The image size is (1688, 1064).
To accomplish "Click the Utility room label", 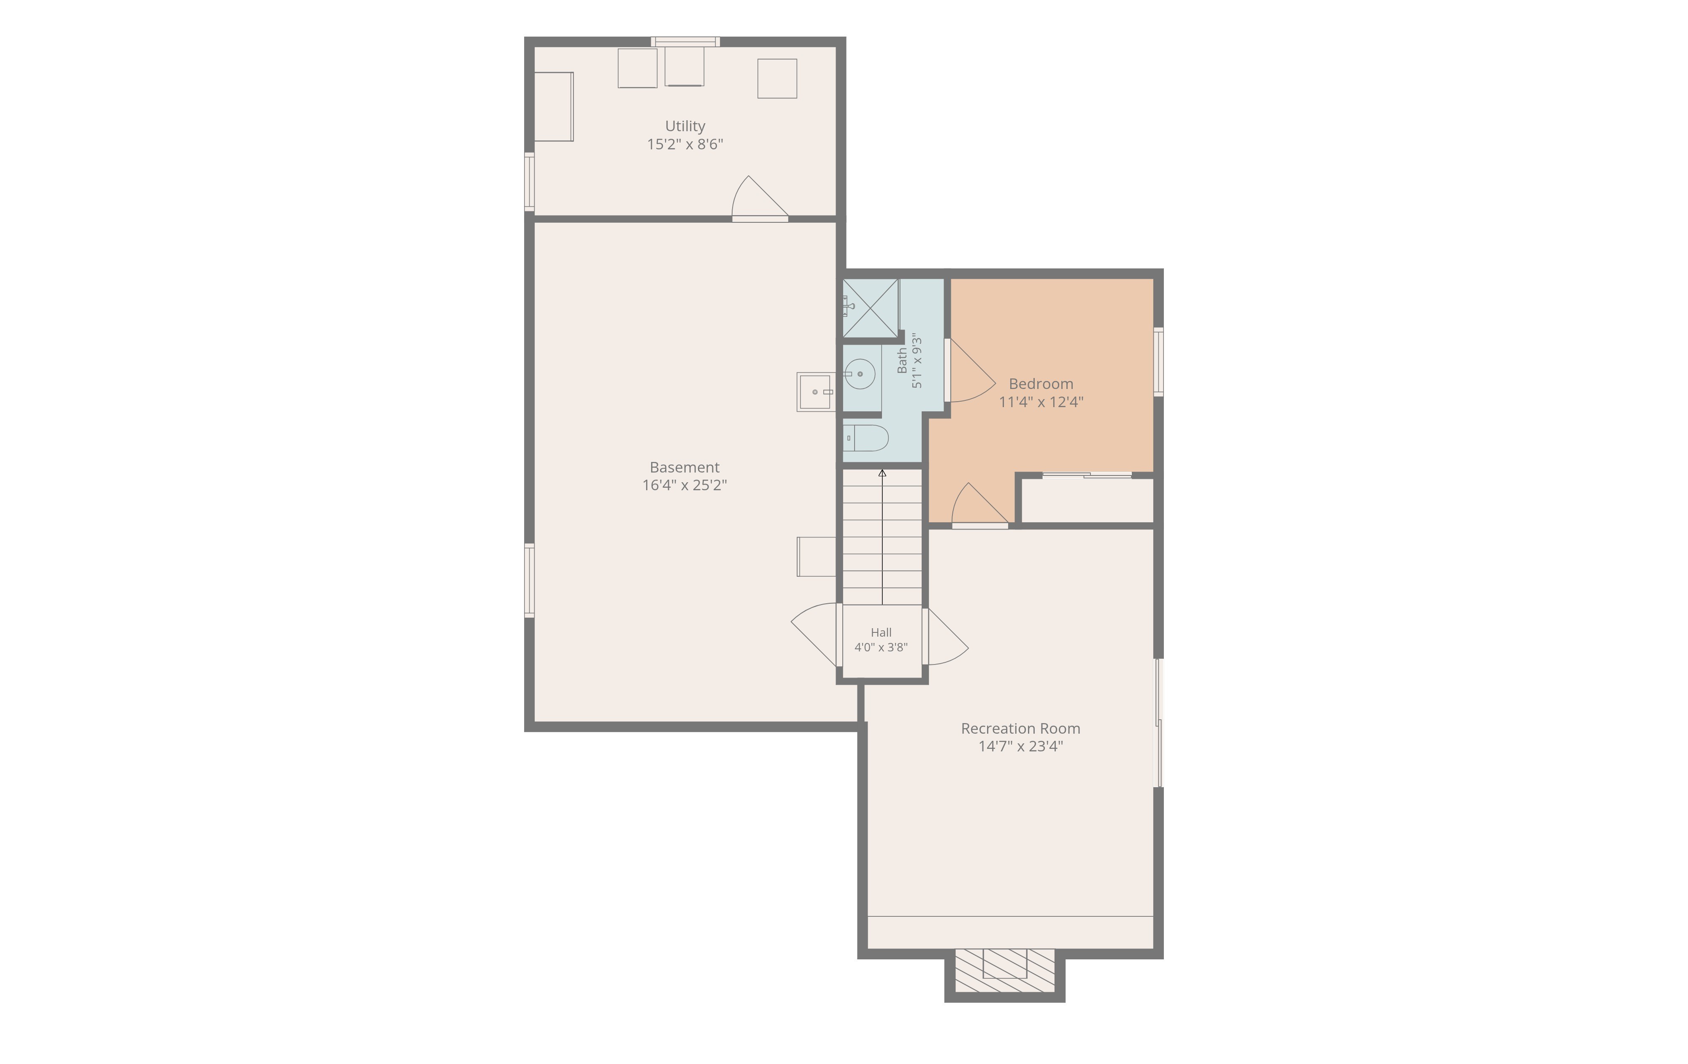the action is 685,126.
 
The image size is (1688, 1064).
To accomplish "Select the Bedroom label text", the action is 1041,384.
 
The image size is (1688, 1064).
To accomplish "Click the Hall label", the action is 881,632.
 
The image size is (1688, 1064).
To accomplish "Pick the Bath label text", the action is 902,360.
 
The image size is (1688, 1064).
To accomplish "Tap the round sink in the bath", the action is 860,374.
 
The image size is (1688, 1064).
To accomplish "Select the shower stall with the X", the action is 870,308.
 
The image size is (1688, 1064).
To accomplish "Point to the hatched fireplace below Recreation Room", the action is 1004,971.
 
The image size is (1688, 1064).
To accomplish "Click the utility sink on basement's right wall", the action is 816,392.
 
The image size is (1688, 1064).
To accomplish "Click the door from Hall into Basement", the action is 814,635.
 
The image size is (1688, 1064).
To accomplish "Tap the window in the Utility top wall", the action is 685,41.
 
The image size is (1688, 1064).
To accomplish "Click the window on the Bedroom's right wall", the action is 1159,362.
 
